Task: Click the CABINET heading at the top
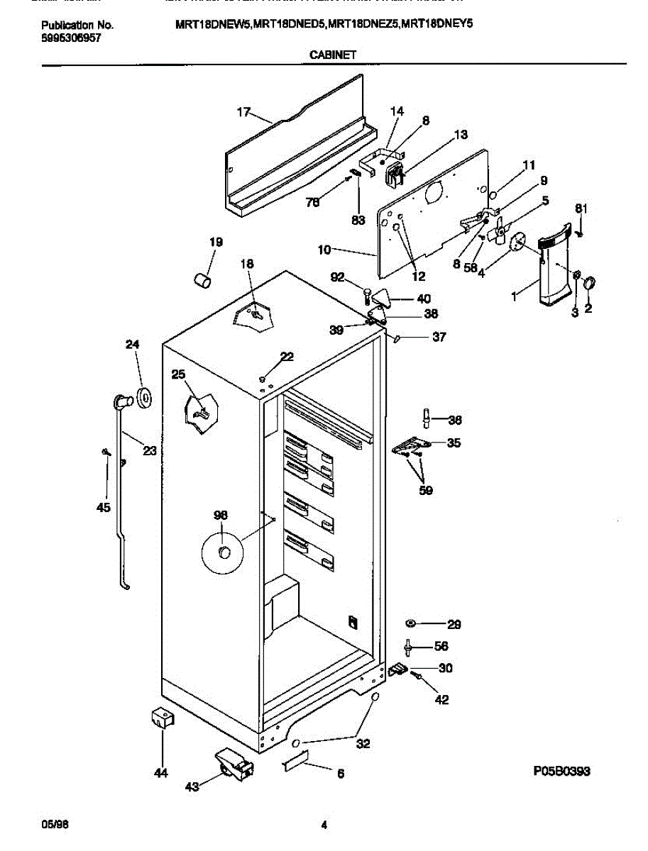333,53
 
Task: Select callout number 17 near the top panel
243,112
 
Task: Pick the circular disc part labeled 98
223,552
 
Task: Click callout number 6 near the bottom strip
341,774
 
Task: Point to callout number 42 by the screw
441,700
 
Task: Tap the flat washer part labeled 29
412,623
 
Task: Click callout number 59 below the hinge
426,490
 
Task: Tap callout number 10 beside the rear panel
324,250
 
